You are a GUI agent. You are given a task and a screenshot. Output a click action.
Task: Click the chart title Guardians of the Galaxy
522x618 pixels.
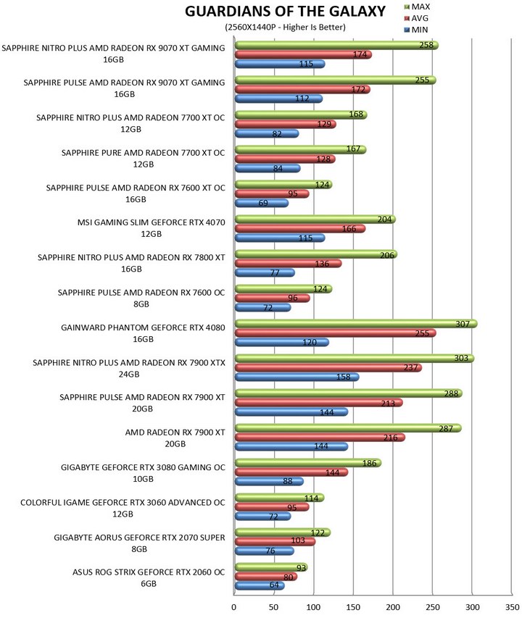coord(285,12)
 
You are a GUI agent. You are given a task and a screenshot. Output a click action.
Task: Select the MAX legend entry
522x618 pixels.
coord(417,7)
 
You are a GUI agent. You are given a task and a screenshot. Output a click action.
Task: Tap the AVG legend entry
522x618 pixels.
coord(416,18)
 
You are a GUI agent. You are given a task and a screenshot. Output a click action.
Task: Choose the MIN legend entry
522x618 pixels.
coord(416,30)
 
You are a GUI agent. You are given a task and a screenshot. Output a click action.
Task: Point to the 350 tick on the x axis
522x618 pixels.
coord(512,607)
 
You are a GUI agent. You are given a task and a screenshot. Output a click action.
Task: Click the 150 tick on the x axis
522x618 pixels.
coord(353,607)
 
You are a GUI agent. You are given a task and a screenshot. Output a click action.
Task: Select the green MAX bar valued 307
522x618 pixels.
coord(356,324)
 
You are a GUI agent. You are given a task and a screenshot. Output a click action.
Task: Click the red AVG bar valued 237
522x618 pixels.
coord(328,368)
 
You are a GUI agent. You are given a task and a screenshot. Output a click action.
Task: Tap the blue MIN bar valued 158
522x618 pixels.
coord(297,377)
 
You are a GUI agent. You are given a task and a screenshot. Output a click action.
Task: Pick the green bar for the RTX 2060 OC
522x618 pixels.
coord(271,567)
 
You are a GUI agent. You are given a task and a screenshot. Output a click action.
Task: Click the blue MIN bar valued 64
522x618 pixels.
coord(260,585)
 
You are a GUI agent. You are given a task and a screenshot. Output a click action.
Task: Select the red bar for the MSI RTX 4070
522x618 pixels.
coord(300,229)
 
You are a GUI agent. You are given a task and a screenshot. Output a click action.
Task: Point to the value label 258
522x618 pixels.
coord(426,45)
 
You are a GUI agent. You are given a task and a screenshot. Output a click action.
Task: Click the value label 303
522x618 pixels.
coord(461,358)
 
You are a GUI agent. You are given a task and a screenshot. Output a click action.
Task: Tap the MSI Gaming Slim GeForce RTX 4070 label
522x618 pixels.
coord(152,228)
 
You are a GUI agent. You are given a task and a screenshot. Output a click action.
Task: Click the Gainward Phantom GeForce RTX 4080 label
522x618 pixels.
coord(143,333)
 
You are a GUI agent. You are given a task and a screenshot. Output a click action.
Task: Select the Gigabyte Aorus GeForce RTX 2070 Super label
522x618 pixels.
coord(140,543)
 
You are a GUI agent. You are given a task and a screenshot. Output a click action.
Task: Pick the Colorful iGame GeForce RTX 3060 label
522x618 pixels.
coord(123,508)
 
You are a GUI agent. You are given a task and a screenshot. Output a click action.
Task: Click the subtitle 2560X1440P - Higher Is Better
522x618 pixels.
coord(286,28)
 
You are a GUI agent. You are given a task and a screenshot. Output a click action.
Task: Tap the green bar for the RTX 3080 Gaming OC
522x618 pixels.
coord(308,463)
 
